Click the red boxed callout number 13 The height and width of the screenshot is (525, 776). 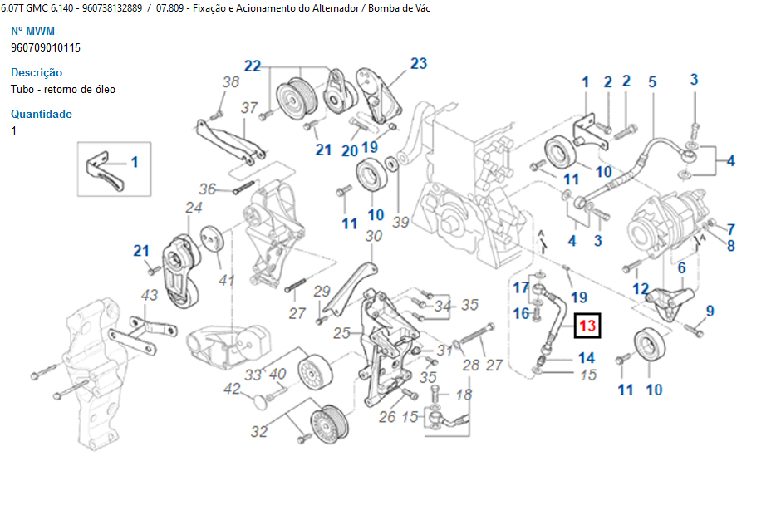(x=587, y=326)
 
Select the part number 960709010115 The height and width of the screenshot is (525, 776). (x=46, y=47)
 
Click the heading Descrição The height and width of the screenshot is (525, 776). (x=37, y=72)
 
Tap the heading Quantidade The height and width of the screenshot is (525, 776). (x=42, y=114)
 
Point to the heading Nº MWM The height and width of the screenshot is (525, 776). (x=32, y=31)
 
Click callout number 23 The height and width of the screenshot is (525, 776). (x=418, y=63)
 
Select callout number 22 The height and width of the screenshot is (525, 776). (x=253, y=66)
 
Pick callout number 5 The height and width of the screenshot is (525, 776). (x=652, y=81)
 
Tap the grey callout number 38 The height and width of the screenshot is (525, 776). (x=230, y=81)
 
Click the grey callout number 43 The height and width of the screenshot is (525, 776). (x=149, y=295)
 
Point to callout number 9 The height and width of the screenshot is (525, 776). (x=710, y=312)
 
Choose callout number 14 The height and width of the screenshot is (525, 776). (x=587, y=358)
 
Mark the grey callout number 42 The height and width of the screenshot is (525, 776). (x=232, y=389)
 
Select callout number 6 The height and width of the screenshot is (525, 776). (x=681, y=268)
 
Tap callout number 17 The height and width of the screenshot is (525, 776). (x=521, y=287)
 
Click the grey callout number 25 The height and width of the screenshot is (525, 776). (x=341, y=334)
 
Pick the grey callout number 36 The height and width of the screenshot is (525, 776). (x=207, y=189)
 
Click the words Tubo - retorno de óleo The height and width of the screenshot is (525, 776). (x=63, y=89)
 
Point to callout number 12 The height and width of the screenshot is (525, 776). (x=640, y=288)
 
